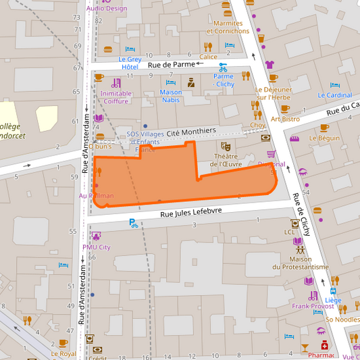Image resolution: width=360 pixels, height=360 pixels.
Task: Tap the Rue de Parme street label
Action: (171, 65)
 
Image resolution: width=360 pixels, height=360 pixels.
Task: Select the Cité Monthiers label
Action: (196, 130)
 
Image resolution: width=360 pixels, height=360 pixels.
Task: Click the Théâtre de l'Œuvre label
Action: (226, 159)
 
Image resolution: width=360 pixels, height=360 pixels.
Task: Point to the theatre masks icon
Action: (226, 145)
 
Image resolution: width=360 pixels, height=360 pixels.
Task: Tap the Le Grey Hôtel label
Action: (130, 63)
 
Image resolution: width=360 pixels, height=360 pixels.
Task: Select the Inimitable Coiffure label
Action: (116, 97)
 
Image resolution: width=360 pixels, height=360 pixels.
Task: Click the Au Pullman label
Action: (97, 195)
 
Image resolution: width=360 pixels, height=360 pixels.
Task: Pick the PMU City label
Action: (97, 247)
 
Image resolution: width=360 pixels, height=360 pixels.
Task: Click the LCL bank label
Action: (290, 232)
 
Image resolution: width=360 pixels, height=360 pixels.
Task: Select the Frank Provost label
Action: (313, 306)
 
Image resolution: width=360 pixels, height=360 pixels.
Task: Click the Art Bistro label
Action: (285, 119)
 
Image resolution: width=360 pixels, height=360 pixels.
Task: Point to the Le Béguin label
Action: (324, 138)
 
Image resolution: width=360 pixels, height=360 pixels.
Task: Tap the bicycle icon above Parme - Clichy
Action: (223, 67)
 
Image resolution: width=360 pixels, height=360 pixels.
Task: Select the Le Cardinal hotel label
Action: (335, 95)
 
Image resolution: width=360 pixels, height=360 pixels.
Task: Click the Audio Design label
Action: (106, 9)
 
